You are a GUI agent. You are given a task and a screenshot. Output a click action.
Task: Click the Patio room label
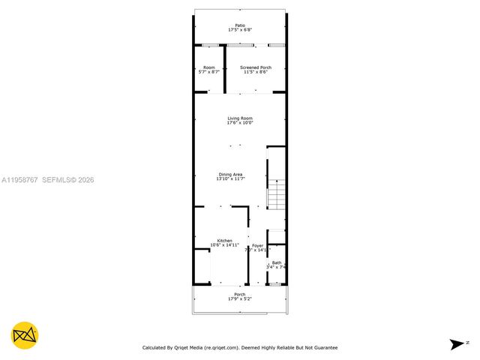click(240, 25)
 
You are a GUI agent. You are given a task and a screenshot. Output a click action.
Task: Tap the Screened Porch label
click(256, 67)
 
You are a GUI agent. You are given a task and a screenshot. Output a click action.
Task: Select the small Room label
click(208, 67)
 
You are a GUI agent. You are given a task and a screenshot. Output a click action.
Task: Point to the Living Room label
click(240, 118)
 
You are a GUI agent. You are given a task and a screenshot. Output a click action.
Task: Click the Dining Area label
click(230, 175)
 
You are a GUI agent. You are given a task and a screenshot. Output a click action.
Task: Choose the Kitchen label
click(214, 241)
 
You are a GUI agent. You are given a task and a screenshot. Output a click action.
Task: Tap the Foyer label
click(257, 245)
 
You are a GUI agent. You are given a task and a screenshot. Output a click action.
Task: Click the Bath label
click(277, 262)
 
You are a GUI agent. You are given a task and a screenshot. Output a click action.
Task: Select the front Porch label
click(239, 295)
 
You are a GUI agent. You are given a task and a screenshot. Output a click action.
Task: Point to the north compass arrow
click(456, 343)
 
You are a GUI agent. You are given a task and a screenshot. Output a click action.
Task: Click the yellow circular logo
click(25, 334)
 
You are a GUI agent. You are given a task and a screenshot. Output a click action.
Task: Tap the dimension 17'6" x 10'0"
click(240, 123)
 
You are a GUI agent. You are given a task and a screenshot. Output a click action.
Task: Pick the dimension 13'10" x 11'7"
click(230, 179)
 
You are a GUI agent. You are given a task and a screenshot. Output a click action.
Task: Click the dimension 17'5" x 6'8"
click(240, 30)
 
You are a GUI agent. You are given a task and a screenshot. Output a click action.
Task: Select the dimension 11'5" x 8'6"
click(256, 72)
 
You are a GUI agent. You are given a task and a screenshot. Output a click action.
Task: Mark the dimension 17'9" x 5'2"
click(239, 299)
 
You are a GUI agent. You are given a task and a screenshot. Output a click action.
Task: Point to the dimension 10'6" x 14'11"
click(214, 245)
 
